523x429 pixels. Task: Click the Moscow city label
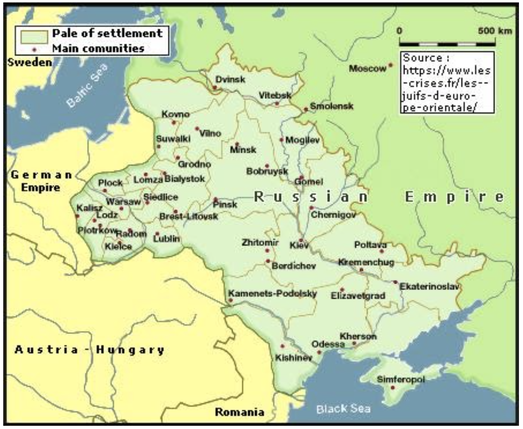367,69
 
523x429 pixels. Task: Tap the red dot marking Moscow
390,65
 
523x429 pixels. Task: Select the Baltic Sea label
87,86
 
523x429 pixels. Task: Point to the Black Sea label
343,408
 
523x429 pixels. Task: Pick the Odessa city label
328,344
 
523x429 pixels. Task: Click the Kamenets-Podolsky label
272,293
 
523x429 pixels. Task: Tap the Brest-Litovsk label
188,217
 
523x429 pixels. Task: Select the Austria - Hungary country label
90,349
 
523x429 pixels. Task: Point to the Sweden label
29,62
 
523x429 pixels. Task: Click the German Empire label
41,181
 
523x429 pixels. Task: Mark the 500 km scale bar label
495,31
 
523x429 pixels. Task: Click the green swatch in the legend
33,35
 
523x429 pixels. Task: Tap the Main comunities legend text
98,48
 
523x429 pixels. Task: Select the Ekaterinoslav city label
429,286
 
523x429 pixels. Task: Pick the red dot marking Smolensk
305,109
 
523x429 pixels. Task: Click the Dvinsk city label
230,79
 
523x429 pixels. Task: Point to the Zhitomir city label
260,242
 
